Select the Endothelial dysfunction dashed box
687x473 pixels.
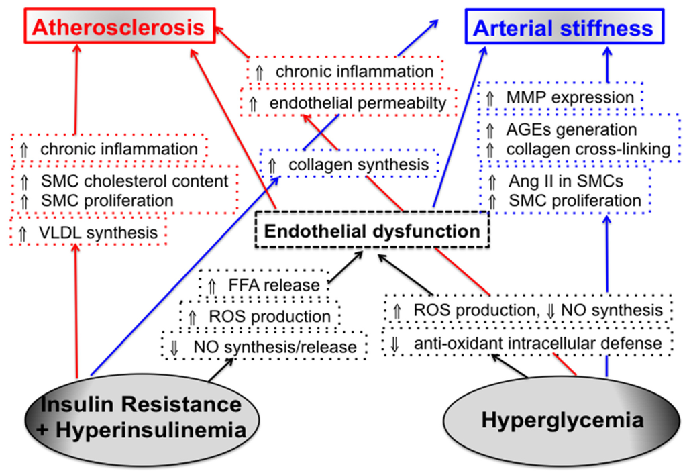pyautogui.click(x=371, y=231)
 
